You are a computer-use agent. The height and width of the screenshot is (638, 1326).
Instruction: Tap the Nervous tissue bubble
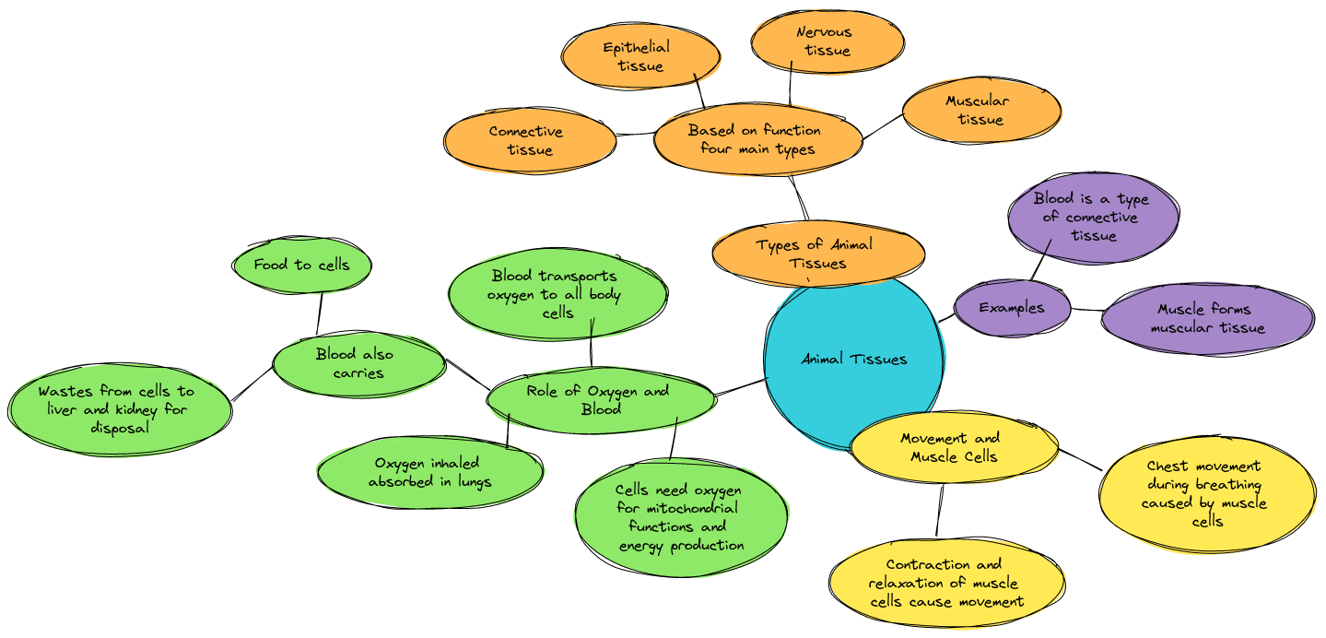point(827,41)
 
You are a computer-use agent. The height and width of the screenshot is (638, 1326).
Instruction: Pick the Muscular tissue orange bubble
point(980,111)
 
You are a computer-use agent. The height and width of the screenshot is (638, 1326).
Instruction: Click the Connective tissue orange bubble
point(529,141)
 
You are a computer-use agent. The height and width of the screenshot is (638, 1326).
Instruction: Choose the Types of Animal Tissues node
point(816,254)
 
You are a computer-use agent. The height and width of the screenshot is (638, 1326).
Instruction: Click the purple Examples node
point(1012,308)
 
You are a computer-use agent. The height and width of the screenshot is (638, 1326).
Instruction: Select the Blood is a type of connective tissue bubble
point(1093,218)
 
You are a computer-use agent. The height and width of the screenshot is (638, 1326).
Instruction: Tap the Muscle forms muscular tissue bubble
point(1207,318)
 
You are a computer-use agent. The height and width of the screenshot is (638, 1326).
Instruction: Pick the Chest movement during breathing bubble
point(1205,493)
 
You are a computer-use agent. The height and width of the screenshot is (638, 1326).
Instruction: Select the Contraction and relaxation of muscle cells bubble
point(946,584)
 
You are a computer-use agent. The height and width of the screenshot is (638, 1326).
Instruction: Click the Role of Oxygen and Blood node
point(600,400)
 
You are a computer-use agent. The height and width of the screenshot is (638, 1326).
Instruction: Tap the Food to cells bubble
point(302,265)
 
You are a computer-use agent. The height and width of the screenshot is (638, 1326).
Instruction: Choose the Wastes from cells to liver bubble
point(119,409)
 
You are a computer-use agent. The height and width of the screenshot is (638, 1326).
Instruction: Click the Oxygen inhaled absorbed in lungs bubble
point(430,472)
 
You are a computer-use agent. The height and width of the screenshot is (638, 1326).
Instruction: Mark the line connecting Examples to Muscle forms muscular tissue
point(1086,310)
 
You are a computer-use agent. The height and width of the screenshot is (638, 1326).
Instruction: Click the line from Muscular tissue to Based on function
point(882,127)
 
